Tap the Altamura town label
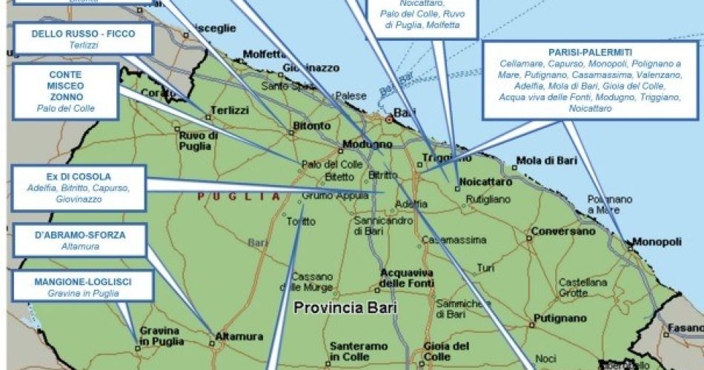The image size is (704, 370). click(x=239, y=337)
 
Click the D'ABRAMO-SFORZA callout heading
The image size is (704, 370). click(x=80, y=235)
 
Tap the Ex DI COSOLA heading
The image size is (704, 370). click(x=78, y=177)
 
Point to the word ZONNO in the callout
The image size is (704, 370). click(x=65, y=97)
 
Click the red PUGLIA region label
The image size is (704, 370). click(x=239, y=197)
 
